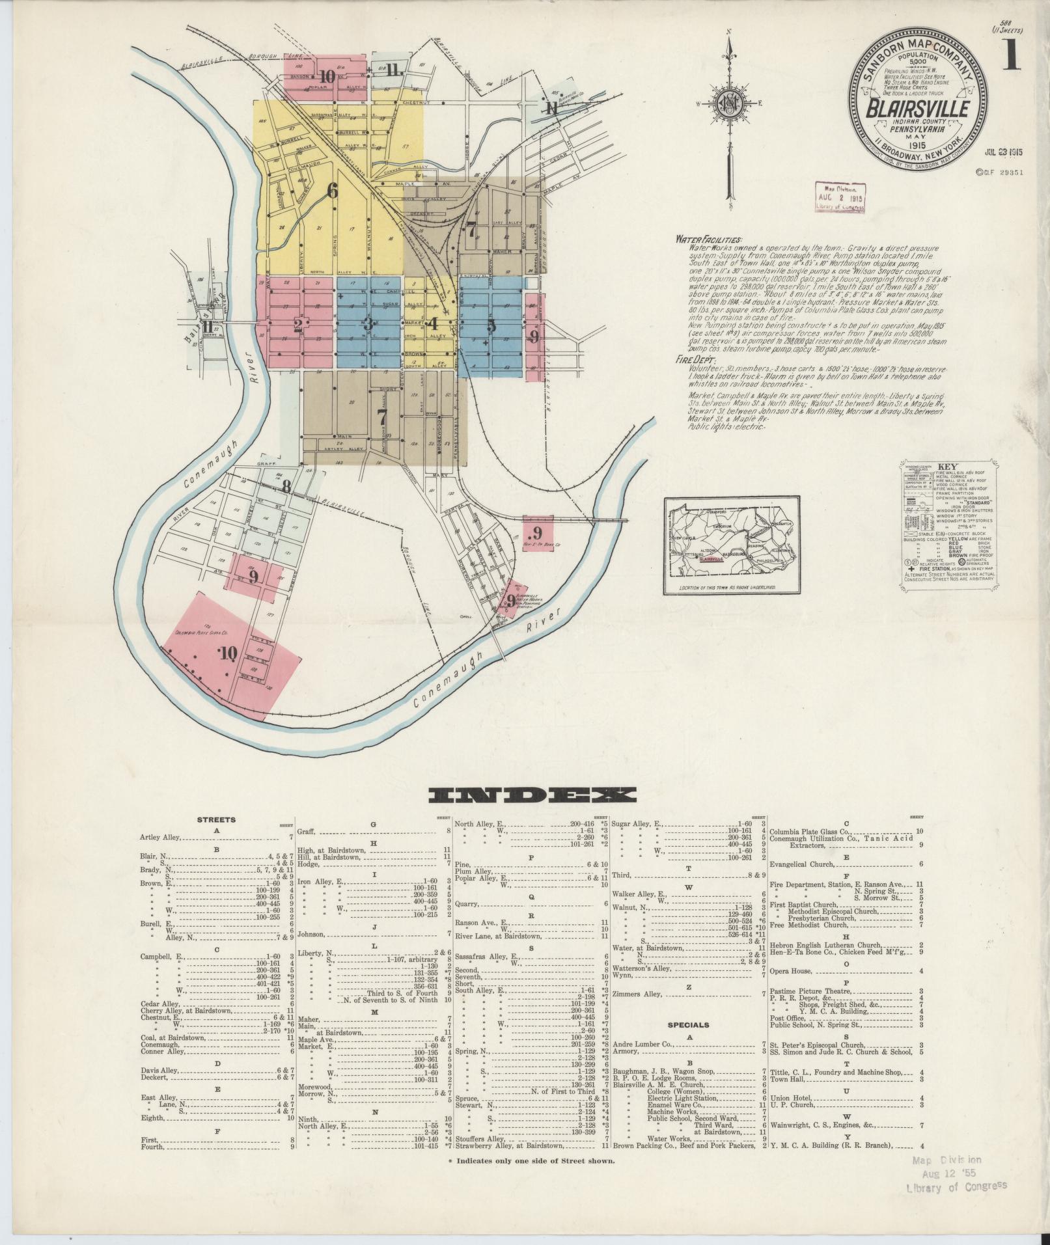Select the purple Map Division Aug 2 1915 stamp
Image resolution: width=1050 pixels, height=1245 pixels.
839,196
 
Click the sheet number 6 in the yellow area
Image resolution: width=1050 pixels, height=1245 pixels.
333,191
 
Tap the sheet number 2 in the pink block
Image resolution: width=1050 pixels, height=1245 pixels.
297,326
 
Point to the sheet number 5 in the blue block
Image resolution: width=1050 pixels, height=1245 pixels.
491,326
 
